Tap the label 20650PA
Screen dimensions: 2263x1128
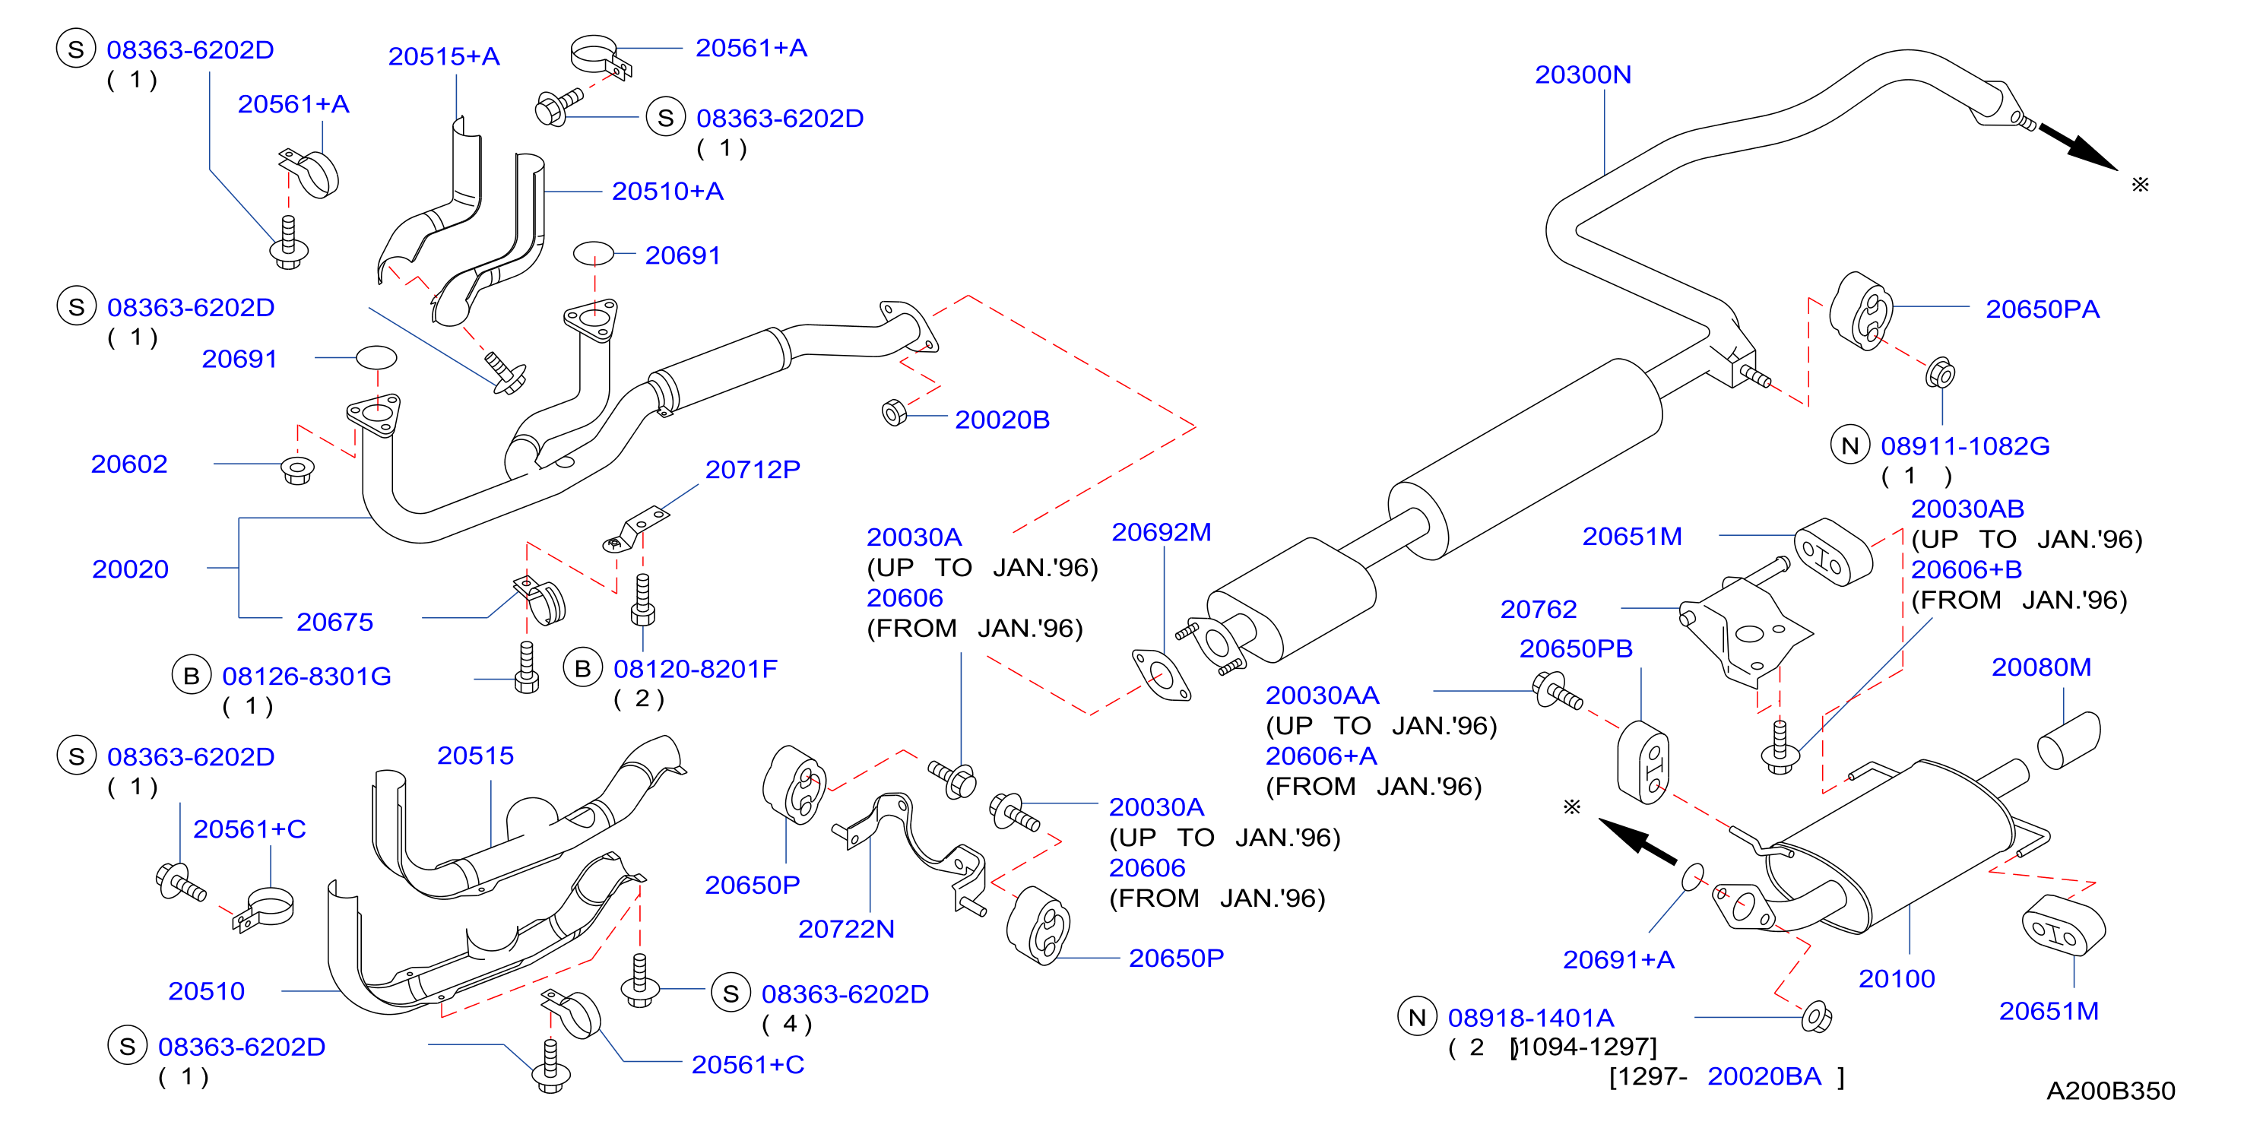point(2042,309)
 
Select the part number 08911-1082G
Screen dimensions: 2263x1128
point(1964,446)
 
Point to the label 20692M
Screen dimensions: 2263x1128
point(1162,532)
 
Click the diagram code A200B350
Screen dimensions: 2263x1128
point(2110,1091)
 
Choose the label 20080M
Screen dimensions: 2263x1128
point(2041,667)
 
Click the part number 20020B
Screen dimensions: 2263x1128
point(1003,420)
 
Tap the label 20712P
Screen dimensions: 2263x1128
point(753,470)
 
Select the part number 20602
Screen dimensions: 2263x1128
point(129,464)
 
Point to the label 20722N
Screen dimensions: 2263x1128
point(846,930)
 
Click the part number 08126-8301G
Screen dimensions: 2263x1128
point(306,676)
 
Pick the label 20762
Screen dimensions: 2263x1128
point(1539,610)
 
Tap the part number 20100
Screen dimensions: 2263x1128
point(1897,979)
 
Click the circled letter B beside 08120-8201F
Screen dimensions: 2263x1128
point(582,670)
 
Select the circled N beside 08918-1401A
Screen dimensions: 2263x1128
point(1417,1017)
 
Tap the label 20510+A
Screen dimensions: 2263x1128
point(667,192)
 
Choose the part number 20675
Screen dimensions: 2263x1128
point(334,622)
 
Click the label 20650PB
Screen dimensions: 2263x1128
point(1576,648)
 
